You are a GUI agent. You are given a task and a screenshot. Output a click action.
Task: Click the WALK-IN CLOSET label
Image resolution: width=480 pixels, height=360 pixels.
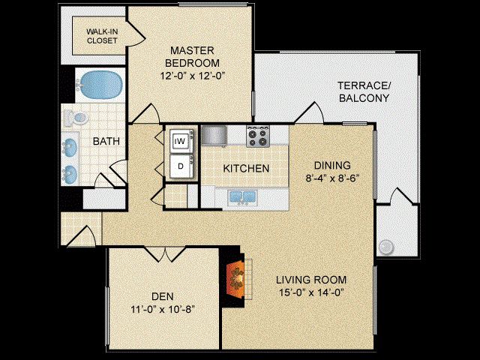point(102,36)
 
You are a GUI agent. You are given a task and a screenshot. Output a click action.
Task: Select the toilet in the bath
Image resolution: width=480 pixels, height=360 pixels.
point(75,118)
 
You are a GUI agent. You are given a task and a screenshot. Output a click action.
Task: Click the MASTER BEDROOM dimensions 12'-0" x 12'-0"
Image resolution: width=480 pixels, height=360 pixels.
point(193,76)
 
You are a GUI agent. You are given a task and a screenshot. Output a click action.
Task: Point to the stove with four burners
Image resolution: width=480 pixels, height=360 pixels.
point(258,136)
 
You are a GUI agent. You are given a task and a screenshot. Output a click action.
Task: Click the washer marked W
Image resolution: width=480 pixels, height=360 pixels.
point(181,141)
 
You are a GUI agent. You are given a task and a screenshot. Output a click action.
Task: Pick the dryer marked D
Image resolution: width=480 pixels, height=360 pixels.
point(181,166)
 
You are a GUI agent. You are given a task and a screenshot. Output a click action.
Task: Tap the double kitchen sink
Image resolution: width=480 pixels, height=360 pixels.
point(242,196)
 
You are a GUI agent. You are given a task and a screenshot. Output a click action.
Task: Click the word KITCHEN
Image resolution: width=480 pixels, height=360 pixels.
point(246,168)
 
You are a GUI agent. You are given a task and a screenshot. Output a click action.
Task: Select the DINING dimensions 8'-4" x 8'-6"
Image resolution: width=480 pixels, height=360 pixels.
point(332,178)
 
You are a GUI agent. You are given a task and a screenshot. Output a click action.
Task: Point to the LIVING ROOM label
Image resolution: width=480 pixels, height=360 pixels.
point(311,280)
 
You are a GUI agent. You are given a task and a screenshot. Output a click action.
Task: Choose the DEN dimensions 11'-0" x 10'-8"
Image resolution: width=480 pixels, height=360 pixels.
point(163,309)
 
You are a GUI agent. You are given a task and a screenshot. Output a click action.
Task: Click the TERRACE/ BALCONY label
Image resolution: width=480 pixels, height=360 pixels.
point(364,91)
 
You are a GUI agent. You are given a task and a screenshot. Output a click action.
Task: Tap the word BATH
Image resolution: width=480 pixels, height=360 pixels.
point(106,142)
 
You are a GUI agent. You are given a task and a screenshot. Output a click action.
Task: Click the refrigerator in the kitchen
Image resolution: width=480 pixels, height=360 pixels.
point(214,135)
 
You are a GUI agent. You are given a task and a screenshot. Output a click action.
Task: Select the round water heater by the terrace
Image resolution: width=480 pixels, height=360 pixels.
point(385,247)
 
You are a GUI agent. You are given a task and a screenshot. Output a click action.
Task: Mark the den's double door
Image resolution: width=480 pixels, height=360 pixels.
point(165,254)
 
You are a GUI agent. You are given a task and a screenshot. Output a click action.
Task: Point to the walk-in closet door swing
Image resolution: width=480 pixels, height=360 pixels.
point(135,34)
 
